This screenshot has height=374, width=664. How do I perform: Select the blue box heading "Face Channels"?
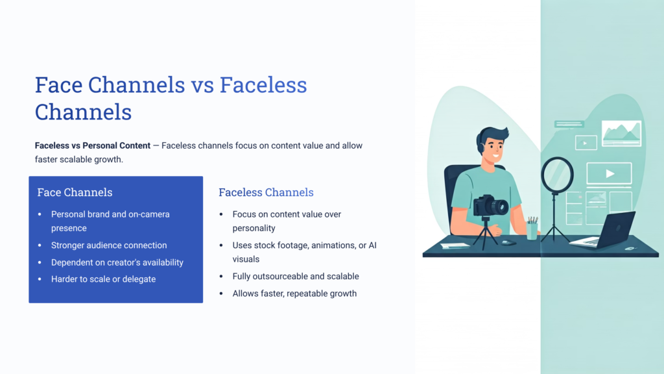pyautogui.click(x=75, y=192)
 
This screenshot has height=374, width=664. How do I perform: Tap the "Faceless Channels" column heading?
pyautogui.click(x=266, y=192)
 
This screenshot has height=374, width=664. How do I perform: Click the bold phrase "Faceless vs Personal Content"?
pyautogui.click(x=92, y=145)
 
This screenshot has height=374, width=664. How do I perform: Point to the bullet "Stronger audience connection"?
pyautogui.click(x=109, y=245)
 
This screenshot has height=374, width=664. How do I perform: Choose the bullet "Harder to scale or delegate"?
pyautogui.click(x=103, y=279)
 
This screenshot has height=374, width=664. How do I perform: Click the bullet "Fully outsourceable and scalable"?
pyautogui.click(x=296, y=277)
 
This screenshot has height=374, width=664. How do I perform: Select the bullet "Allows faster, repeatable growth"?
pyautogui.click(x=294, y=293)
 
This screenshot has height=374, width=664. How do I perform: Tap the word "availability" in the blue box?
pyautogui.click(x=161, y=262)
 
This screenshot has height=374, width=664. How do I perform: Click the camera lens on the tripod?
pyautogui.click(x=500, y=207)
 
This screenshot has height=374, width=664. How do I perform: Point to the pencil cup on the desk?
pyautogui.click(x=532, y=229)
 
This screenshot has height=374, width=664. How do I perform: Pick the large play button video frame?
pyautogui.click(x=609, y=174)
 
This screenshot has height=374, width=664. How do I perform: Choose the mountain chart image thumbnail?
pyautogui.click(x=621, y=133)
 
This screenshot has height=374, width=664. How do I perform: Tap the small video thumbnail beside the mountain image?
pyautogui.click(x=586, y=143)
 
